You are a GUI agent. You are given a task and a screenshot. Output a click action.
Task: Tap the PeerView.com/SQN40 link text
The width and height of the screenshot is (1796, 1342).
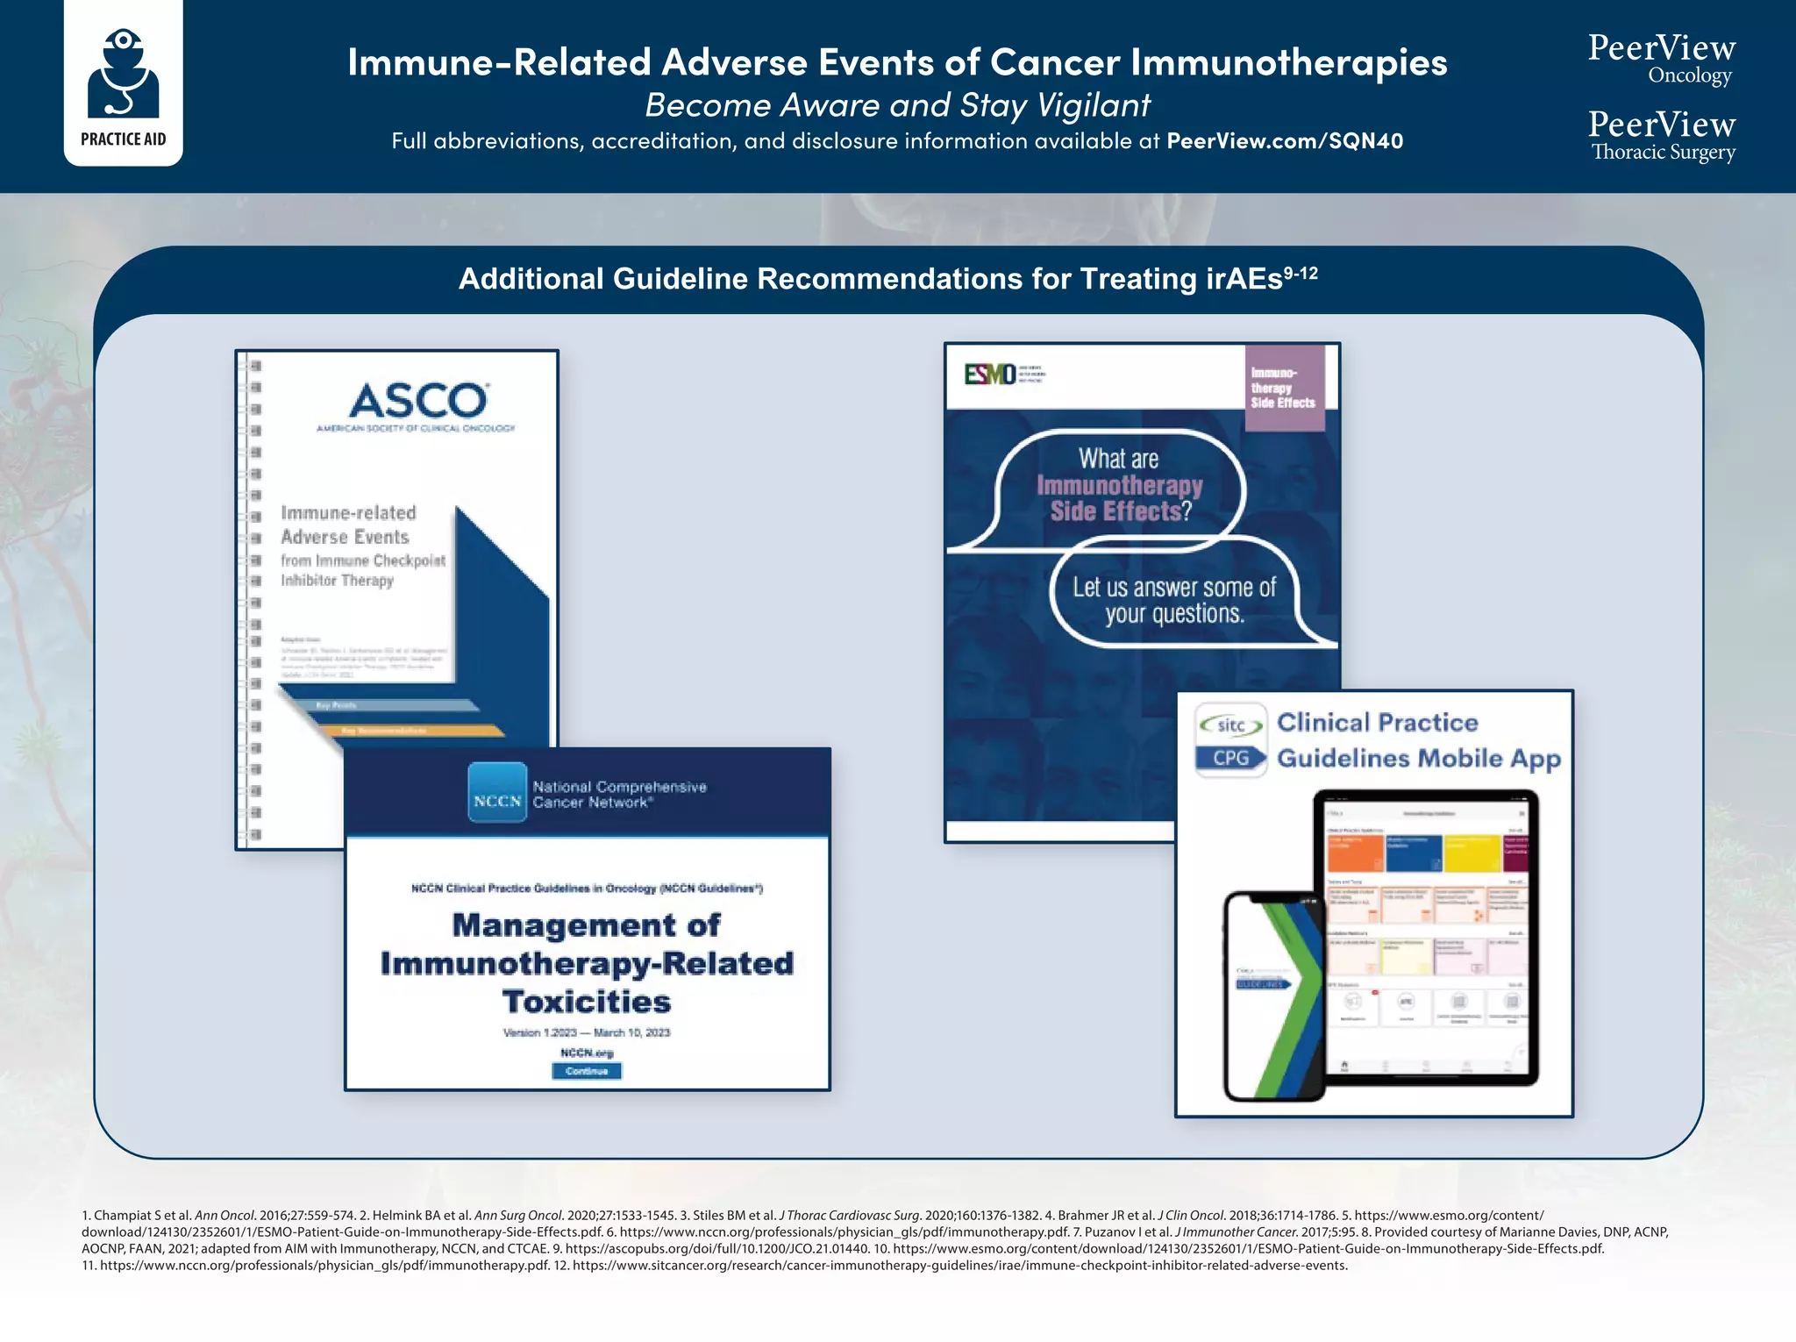pos(1284,141)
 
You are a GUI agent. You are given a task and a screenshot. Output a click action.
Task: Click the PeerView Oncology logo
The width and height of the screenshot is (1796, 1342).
pos(1661,58)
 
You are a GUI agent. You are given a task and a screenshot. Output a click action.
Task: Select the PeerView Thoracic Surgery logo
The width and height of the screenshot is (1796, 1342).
pos(1661,135)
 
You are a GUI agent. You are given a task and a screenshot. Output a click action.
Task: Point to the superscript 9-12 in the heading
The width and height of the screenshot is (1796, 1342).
pos(1301,273)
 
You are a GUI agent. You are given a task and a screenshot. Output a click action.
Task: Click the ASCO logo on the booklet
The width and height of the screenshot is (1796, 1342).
pos(417,401)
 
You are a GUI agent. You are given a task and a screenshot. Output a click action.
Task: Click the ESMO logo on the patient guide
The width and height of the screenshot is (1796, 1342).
pos(990,375)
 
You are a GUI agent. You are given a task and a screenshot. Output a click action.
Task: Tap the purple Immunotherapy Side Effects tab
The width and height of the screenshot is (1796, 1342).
pos(1284,388)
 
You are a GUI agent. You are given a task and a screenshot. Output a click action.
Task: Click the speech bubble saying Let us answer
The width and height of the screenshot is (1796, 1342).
pos(1174,600)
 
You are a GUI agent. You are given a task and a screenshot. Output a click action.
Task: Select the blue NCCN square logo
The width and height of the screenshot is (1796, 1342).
pos(497,793)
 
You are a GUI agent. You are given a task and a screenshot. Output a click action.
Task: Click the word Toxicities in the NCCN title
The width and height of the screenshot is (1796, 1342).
pos(587,1002)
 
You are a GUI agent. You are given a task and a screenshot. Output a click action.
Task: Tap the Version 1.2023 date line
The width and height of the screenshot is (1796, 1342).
pos(587,1032)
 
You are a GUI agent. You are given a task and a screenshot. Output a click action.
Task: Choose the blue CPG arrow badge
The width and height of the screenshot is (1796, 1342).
pos(1231,758)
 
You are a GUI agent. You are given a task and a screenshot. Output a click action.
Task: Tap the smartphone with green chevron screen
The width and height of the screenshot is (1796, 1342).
pos(1272,996)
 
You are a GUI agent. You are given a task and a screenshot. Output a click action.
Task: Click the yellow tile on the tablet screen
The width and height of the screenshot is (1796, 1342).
pos(1472,853)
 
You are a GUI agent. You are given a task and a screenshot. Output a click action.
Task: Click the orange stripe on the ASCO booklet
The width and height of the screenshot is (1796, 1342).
pos(412,731)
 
